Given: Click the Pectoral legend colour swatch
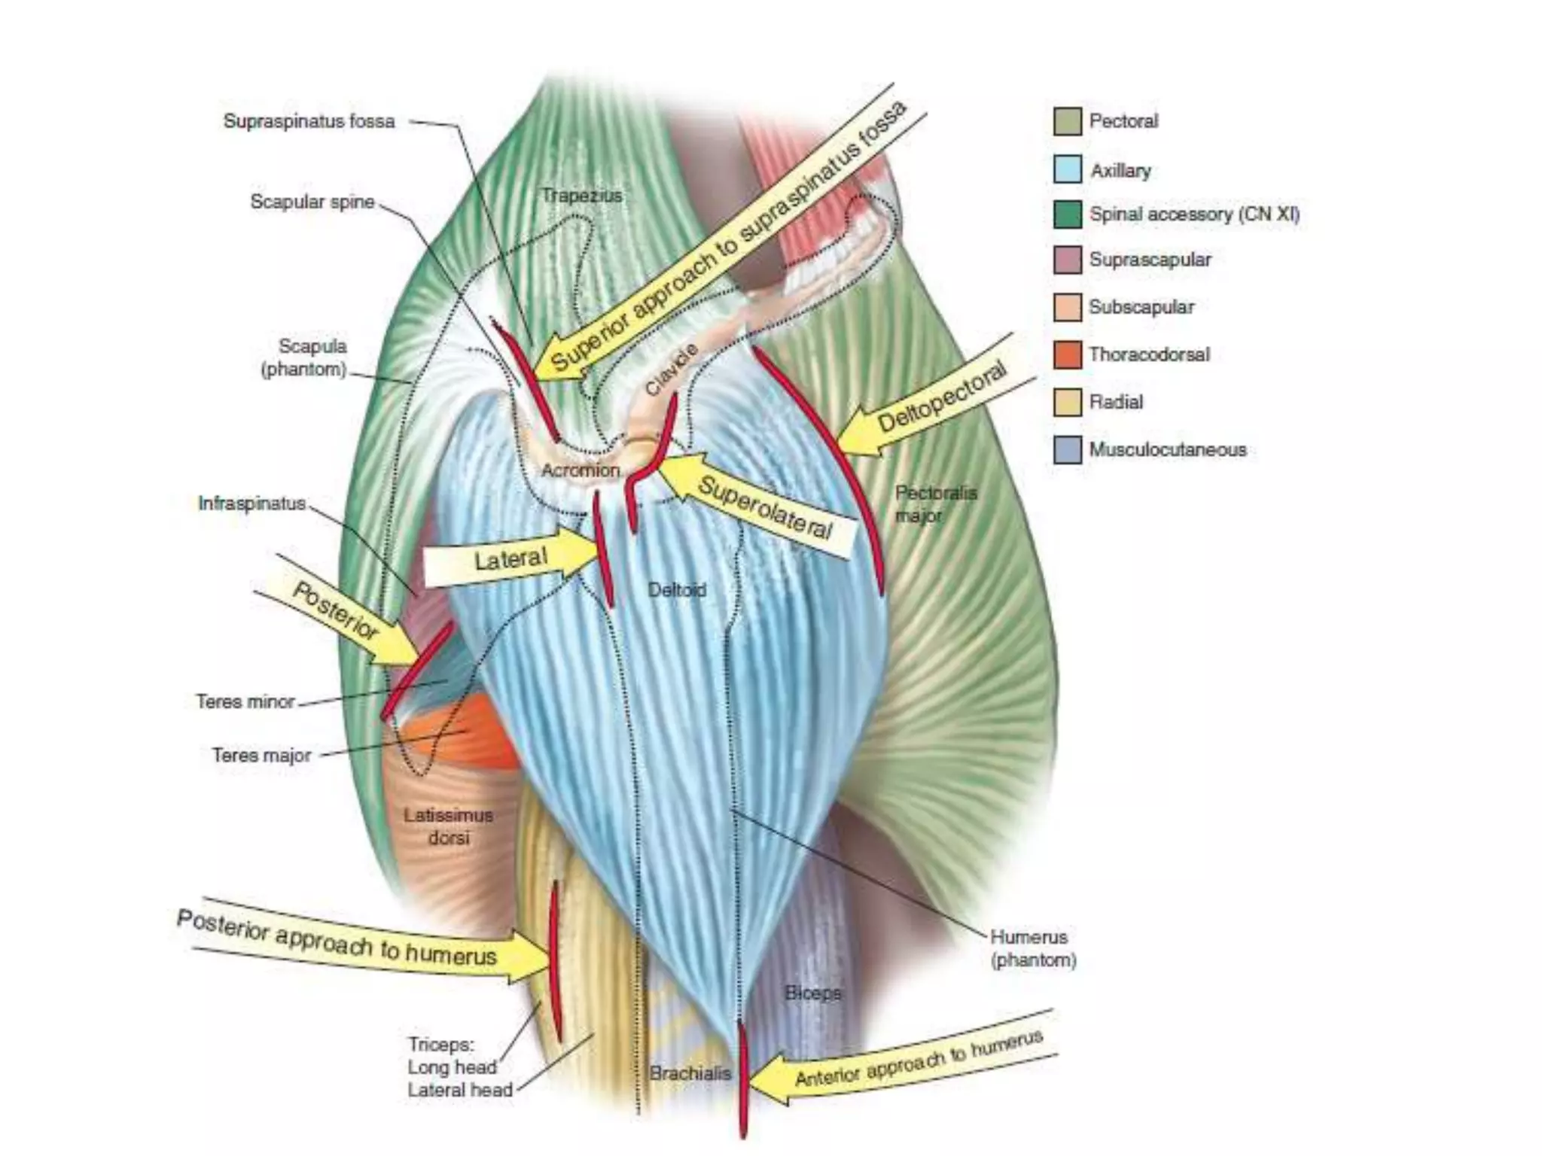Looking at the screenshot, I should [x=1067, y=121].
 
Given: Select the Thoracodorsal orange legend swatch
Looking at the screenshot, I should [x=1067, y=354].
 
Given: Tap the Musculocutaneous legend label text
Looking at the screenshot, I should [x=1167, y=450].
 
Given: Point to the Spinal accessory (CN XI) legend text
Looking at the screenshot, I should [x=1194, y=214].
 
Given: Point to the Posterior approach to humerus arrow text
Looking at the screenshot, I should [x=339, y=938].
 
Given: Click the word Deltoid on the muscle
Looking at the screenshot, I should [x=677, y=590].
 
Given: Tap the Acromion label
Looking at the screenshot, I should [x=580, y=470].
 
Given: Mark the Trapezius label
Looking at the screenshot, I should [x=582, y=196].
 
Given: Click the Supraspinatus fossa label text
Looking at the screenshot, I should [x=309, y=121].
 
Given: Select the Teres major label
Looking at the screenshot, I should [x=261, y=755].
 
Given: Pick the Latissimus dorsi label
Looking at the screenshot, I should [x=448, y=826].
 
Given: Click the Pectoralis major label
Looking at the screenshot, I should [x=935, y=504].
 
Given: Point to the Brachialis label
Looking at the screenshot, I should [x=690, y=1073].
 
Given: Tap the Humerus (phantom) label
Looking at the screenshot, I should [x=1032, y=948].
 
